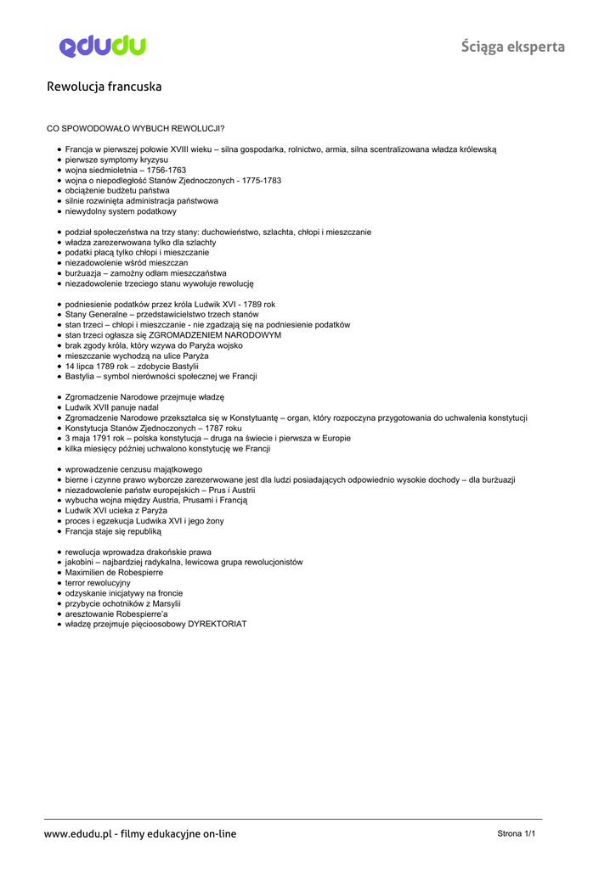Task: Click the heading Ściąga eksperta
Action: click(512, 47)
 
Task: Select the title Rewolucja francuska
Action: click(104, 87)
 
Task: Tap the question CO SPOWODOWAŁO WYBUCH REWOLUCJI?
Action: click(135, 128)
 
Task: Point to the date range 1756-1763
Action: click(167, 170)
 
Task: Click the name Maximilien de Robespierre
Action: click(114, 572)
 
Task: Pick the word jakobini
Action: click(81, 562)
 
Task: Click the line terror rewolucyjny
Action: click(98, 583)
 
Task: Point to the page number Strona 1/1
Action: click(517, 833)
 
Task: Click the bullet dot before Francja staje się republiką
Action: click(59, 531)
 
